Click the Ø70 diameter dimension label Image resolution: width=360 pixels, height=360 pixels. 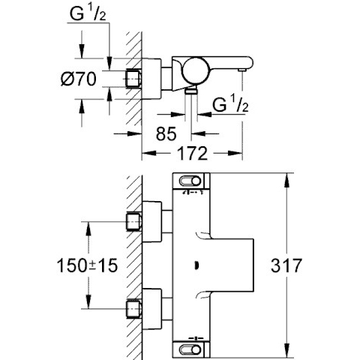tap(79, 79)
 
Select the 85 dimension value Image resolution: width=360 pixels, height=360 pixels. tap(166, 133)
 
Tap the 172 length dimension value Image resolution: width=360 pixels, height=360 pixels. tap(193, 153)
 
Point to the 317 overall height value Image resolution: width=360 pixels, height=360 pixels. tap(286, 265)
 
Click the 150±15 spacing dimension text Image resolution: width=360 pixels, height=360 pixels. tap(87, 265)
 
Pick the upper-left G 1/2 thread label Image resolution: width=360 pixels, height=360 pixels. tap(88, 14)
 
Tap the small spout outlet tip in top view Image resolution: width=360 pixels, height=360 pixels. tap(241, 70)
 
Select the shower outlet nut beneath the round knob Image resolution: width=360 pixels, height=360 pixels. tap(191, 91)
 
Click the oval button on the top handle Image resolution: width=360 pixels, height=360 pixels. tap(190, 181)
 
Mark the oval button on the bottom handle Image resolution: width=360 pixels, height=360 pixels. tap(190, 349)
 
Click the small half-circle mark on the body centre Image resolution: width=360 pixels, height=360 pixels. tap(197, 265)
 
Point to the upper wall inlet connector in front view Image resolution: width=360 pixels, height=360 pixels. tap(134, 222)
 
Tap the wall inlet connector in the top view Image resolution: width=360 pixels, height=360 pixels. tap(134, 79)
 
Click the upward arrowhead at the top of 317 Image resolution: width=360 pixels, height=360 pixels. tap(286, 180)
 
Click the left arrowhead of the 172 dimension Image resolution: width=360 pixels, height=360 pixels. tap(149, 153)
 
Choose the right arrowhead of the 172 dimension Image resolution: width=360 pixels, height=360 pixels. tap(235, 153)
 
